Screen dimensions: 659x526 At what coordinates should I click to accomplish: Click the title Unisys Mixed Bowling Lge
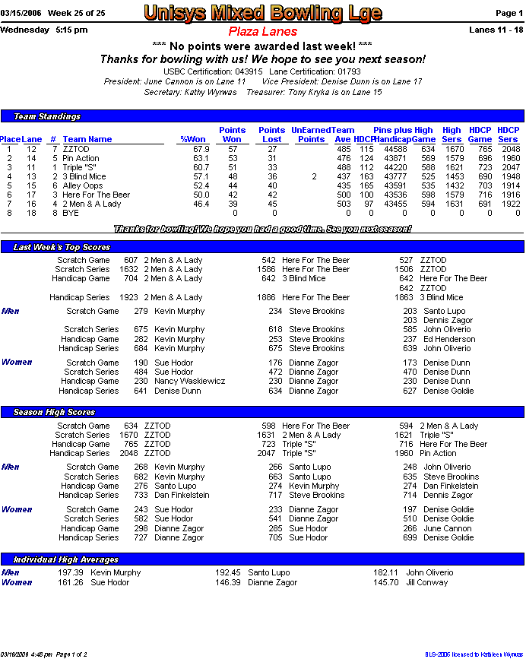click(x=262, y=13)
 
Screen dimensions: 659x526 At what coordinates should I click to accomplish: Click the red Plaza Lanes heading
click(x=262, y=32)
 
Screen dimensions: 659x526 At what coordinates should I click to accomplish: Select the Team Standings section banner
click(x=47, y=116)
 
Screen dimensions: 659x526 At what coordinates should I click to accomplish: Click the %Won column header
click(x=193, y=139)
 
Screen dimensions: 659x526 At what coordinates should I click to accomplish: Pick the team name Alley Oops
click(x=83, y=185)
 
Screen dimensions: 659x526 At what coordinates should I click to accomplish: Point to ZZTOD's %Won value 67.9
click(x=201, y=149)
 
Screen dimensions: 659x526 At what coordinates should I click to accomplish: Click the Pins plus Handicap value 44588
click(x=394, y=149)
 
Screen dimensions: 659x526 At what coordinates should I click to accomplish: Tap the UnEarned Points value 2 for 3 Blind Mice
click(x=314, y=176)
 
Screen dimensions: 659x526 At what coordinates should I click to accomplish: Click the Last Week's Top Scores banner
click(x=62, y=247)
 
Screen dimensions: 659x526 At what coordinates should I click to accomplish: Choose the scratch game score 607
click(x=131, y=260)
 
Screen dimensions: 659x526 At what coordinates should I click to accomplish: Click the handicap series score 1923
click(x=128, y=297)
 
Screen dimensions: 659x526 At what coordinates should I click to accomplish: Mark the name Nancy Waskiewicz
click(x=189, y=382)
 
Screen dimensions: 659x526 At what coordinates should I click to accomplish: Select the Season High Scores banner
click(x=54, y=412)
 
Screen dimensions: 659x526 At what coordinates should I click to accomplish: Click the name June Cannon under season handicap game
click(x=448, y=528)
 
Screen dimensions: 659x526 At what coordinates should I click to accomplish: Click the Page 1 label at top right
click(x=509, y=14)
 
